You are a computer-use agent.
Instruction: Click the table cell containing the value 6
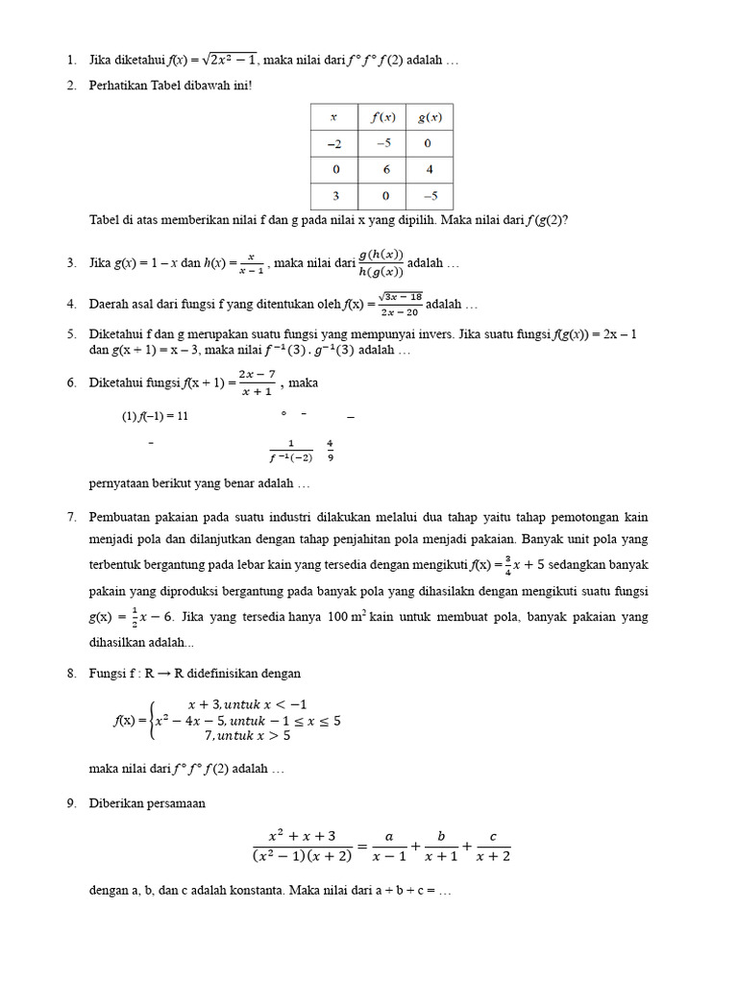381,169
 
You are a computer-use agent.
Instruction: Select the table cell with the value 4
429,169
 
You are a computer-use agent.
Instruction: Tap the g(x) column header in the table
429,117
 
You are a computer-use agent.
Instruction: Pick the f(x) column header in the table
382,117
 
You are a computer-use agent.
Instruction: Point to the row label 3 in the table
333,195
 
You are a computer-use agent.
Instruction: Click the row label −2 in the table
333,143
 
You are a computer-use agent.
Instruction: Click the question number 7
72,517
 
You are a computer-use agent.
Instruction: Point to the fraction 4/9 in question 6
331,450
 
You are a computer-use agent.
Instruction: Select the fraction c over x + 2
493,847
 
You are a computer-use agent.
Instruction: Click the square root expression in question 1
227,61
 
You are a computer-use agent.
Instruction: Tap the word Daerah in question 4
109,305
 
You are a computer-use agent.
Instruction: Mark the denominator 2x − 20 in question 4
400,311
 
